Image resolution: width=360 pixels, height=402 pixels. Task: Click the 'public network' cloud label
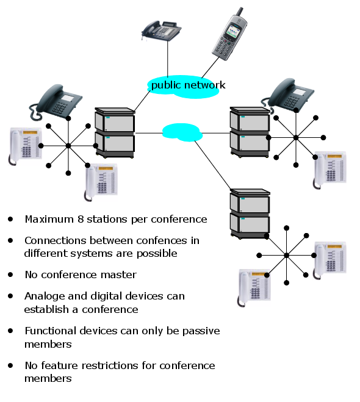pos(188,85)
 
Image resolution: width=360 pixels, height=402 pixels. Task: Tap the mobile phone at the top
pos(229,34)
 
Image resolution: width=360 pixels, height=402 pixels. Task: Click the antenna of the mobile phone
pos(240,12)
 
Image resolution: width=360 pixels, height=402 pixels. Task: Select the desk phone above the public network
pos(161,31)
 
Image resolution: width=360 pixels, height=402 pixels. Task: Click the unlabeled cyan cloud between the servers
pos(182,132)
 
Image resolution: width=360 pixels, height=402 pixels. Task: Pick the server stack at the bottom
pos(250,214)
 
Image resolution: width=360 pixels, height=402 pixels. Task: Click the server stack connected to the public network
pos(115,132)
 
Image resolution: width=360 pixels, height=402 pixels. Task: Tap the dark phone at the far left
pos(56,102)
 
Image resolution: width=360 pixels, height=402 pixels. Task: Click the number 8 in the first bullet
pos(81,219)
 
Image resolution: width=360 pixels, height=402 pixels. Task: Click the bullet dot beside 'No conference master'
pos(10,275)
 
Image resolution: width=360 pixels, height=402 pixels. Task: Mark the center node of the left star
pos(68,146)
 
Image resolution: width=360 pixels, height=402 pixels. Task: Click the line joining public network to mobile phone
pos(211,67)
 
